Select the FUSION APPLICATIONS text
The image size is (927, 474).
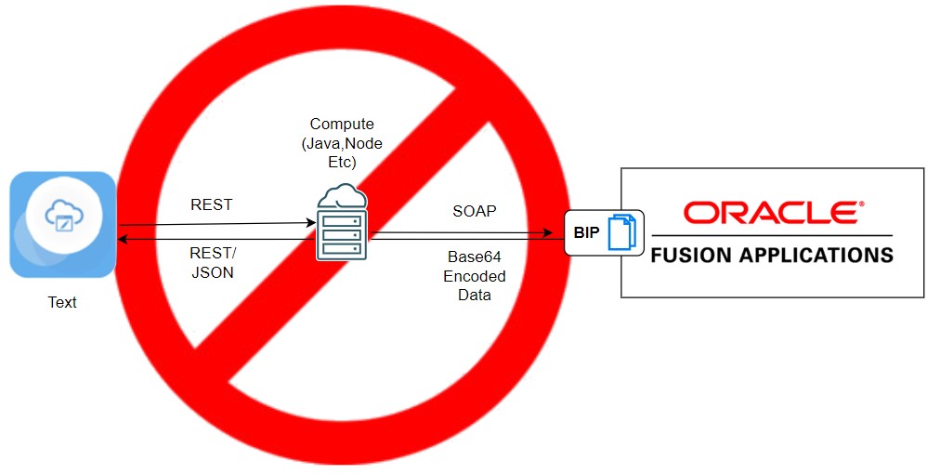coord(772,254)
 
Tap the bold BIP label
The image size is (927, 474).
coord(585,232)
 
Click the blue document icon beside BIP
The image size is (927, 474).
coord(621,232)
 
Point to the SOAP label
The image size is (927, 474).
coord(474,211)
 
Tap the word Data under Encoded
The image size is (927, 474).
coord(474,295)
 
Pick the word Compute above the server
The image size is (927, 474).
coord(341,124)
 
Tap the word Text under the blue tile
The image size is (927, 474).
coord(62,302)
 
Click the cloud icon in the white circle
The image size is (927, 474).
coord(64,217)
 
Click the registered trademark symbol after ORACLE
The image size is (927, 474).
coord(861,203)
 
